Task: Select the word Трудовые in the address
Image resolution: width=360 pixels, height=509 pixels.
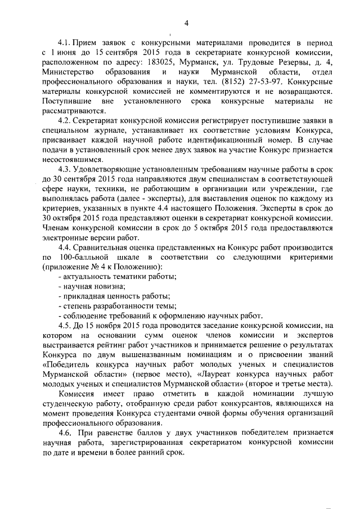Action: (x=269, y=64)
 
